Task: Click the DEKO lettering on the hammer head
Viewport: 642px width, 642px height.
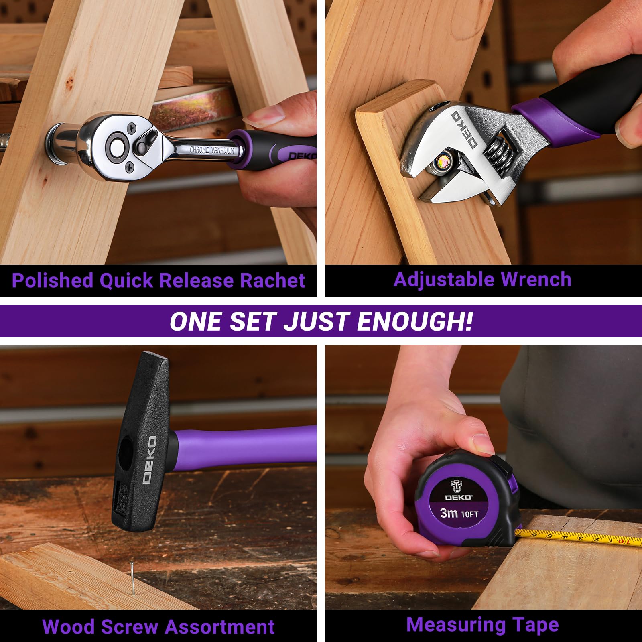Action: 150,459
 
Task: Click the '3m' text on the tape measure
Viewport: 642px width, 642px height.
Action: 449,513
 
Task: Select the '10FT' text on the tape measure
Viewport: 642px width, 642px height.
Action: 470,514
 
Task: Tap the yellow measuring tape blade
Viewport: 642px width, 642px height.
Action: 578,538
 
